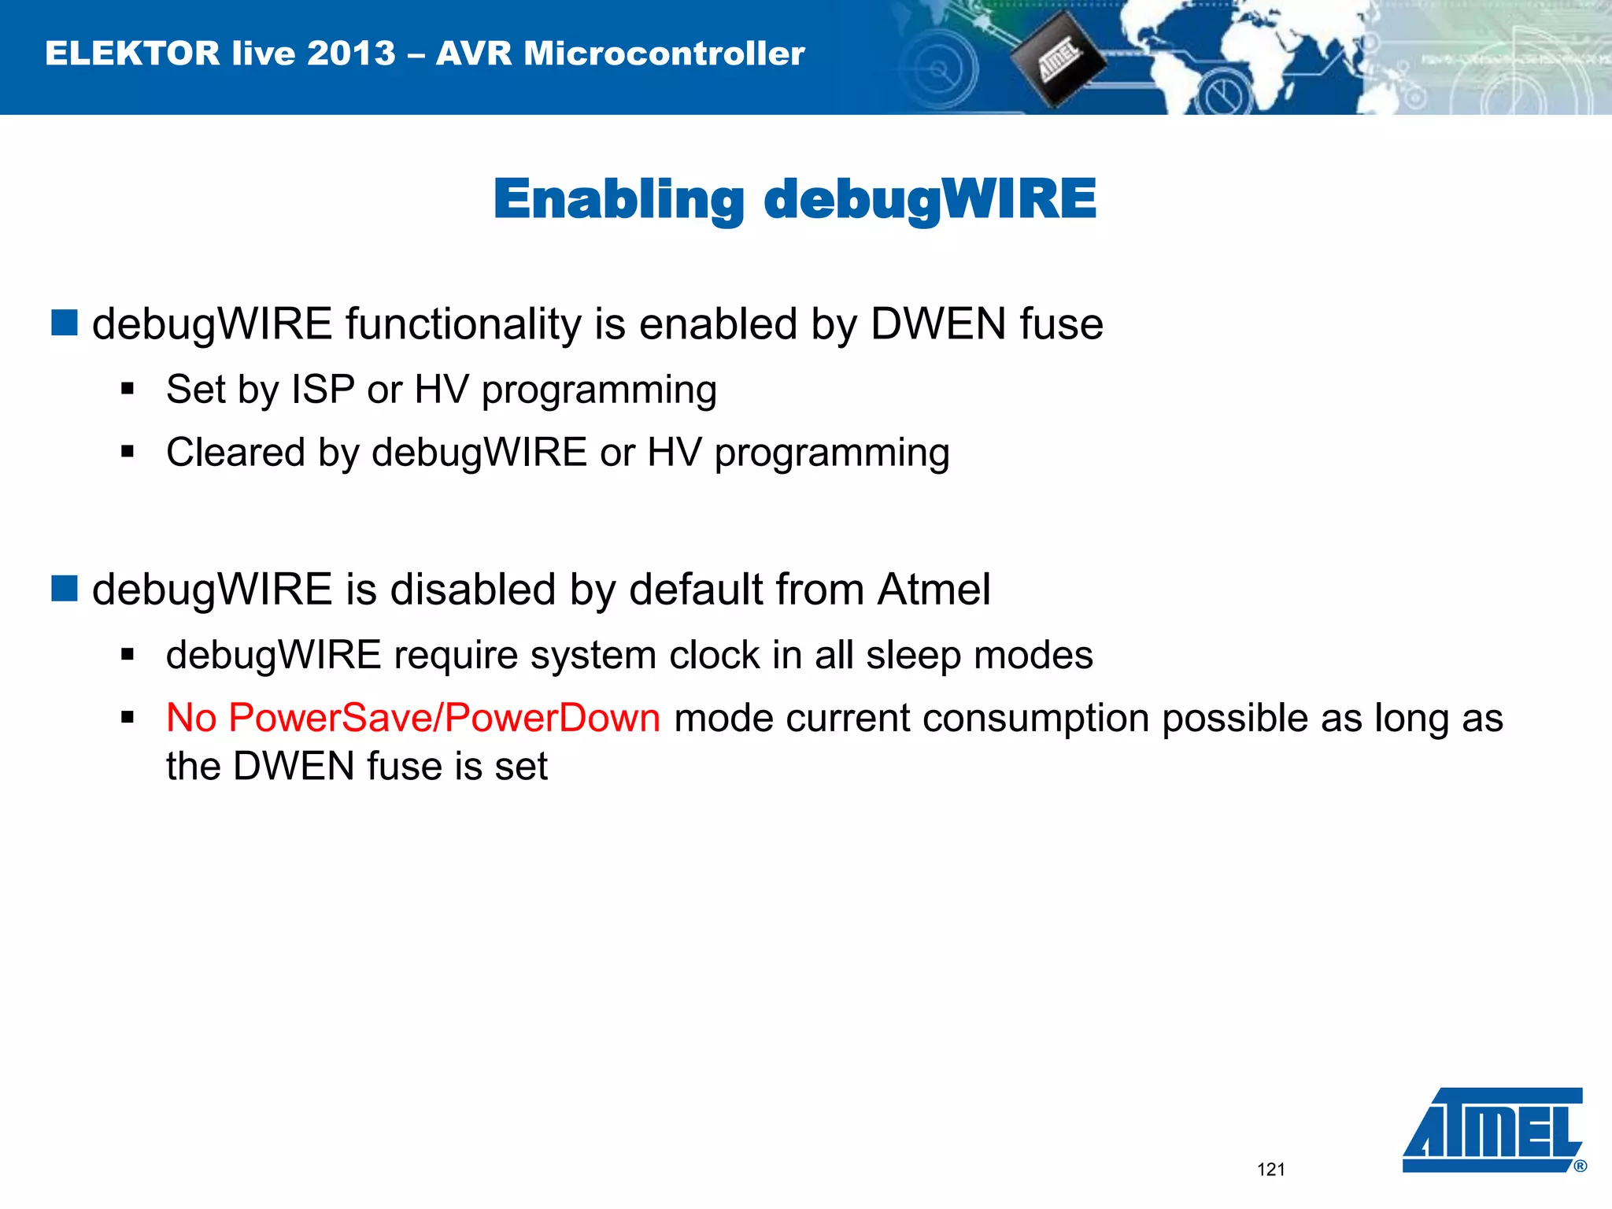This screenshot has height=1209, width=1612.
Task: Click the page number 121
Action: pyautogui.click(x=1270, y=1170)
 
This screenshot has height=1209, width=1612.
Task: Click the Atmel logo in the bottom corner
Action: pyautogui.click(x=1493, y=1130)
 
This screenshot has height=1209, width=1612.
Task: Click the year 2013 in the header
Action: pyautogui.click(x=351, y=54)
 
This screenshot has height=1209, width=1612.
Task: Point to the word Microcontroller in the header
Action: pyautogui.click(x=664, y=54)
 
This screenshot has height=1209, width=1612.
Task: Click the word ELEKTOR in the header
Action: pyautogui.click(x=132, y=54)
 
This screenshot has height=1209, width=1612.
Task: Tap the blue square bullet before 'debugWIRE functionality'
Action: pyautogui.click(x=65, y=323)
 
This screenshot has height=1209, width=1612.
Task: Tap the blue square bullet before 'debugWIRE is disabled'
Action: pyautogui.click(x=65, y=588)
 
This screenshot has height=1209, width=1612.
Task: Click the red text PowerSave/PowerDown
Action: pyautogui.click(x=445, y=718)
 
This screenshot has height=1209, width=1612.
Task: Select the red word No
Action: pyautogui.click(x=191, y=718)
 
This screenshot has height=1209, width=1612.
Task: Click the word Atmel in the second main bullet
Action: pyautogui.click(x=934, y=590)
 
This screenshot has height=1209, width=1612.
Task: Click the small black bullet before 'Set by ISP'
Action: pyautogui.click(x=128, y=388)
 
